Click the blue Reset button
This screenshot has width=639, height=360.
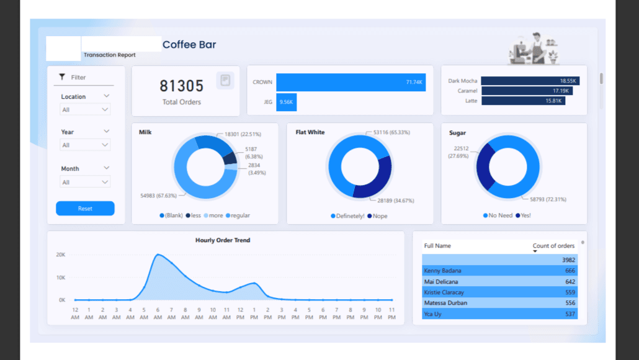pos(85,209)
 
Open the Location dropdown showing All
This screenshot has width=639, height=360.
pos(85,110)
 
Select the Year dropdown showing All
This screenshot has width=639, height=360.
pos(85,145)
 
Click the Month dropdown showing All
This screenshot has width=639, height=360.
pos(85,182)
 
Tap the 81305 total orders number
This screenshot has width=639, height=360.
pos(181,86)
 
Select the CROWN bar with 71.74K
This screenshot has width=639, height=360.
pos(351,82)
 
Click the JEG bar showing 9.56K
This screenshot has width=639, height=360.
pos(286,102)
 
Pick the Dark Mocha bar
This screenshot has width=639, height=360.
pos(529,81)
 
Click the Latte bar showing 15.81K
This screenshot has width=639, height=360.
pos(522,101)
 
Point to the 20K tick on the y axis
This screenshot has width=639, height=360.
pos(61,255)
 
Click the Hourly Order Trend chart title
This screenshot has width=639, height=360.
pos(223,240)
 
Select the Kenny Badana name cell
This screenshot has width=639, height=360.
pos(442,271)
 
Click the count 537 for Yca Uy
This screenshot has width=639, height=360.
pos(570,313)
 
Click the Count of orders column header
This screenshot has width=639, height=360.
pos(553,246)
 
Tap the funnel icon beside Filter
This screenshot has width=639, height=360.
pos(62,77)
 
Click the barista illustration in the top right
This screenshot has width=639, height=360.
pos(533,48)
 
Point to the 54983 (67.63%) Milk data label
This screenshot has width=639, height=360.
pos(159,196)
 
